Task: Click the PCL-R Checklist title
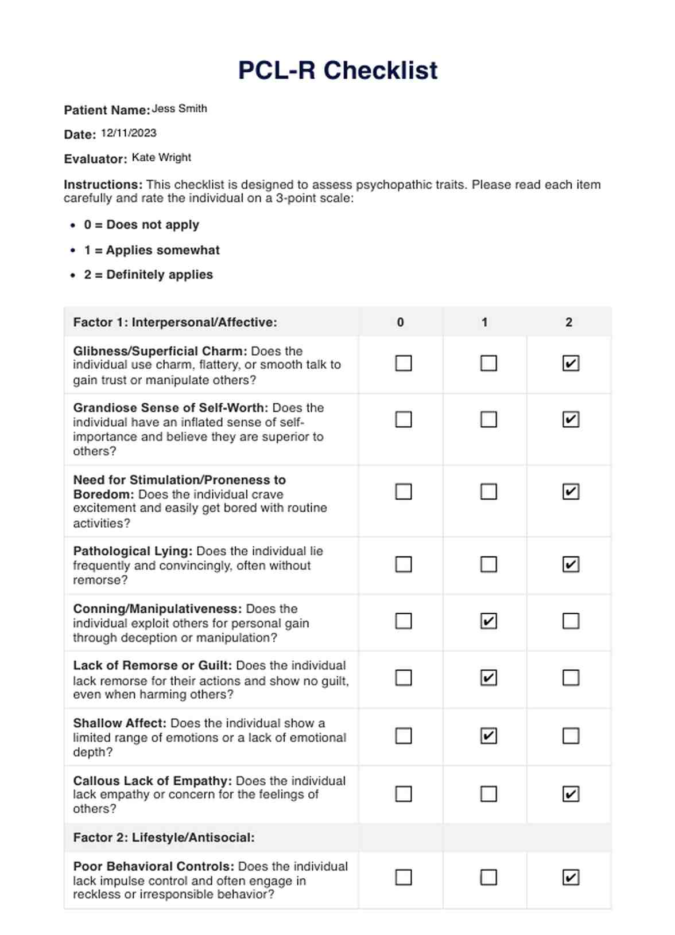338,71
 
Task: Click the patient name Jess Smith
179,108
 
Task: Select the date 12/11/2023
129,133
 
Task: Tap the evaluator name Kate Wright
161,157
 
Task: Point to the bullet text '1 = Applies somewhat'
152,250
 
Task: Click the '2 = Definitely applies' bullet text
148,275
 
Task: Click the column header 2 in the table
569,322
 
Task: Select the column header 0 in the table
401,322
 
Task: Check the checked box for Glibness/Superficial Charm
571,363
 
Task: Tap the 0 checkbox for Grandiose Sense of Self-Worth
404,419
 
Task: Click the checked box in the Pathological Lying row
571,564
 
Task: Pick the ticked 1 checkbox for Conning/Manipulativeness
488,621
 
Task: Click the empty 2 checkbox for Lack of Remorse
571,678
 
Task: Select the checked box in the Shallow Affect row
488,735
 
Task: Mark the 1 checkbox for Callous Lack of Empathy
488,794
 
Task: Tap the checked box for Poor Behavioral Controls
571,877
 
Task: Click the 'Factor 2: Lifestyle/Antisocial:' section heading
164,837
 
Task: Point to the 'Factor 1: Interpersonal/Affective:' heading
175,322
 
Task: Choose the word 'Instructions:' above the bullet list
103,185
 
